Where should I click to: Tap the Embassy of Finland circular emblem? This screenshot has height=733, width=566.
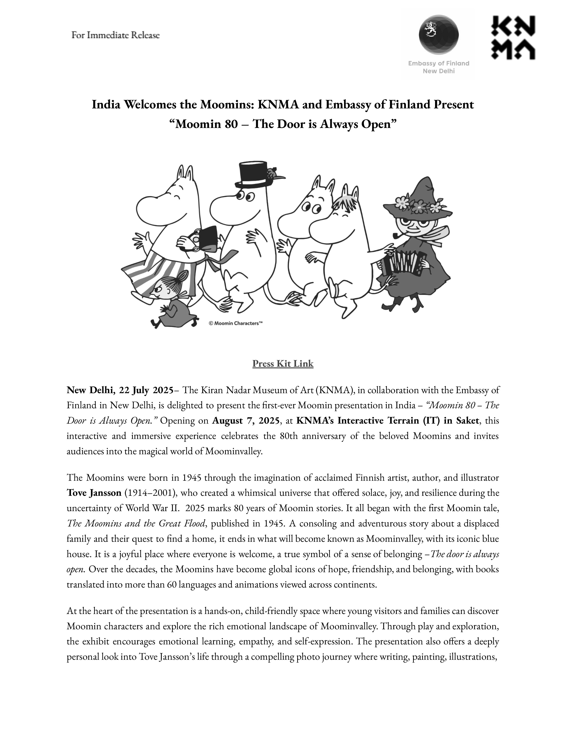coord(439,35)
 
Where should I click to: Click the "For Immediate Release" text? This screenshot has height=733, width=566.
coord(115,35)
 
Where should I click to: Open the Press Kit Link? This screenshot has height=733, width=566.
coord(283,363)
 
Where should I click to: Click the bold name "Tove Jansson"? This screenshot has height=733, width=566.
coord(94,493)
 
